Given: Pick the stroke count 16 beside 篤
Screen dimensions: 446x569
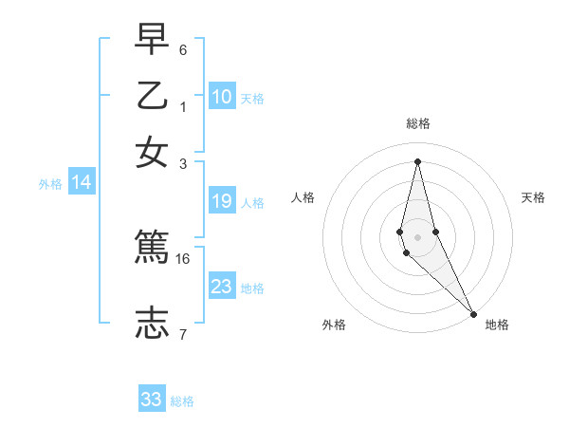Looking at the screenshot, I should click(x=183, y=258).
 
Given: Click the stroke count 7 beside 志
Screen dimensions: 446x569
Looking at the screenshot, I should click(x=183, y=334).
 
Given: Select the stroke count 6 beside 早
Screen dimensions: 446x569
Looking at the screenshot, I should click(x=183, y=49).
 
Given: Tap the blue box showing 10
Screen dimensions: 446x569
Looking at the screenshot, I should click(x=222, y=96).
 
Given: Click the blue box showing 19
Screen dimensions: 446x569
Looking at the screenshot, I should click(x=222, y=200).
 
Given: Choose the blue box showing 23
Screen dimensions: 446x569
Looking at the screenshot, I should click(x=222, y=286).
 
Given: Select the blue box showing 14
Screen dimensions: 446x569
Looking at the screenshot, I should click(x=82, y=183).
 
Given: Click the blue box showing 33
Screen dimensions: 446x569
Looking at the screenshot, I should click(x=152, y=400).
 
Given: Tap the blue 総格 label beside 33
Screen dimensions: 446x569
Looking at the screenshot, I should click(x=182, y=401).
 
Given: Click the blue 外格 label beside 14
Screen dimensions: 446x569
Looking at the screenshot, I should click(x=50, y=184).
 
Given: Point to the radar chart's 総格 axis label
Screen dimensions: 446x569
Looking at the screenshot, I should click(x=418, y=123).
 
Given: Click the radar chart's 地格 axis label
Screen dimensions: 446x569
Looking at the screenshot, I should click(x=497, y=325).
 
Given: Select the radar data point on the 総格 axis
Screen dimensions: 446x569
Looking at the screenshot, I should click(x=418, y=161).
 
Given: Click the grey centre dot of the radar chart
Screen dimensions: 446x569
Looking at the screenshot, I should click(x=418, y=236).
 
